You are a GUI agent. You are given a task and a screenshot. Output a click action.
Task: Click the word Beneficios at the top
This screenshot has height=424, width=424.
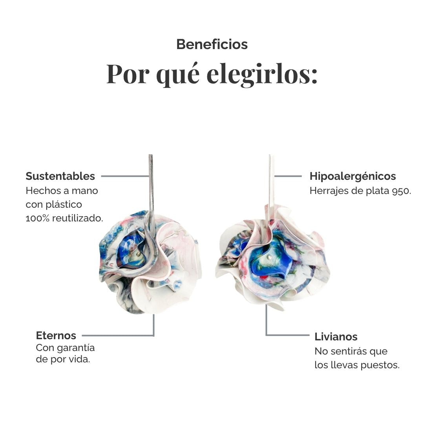(x=212, y=44)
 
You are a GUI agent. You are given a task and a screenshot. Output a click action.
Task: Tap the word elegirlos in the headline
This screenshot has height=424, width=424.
(x=262, y=73)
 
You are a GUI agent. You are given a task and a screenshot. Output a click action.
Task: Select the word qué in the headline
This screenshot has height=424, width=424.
(x=178, y=75)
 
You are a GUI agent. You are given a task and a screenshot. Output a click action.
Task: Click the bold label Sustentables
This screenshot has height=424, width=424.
(x=60, y=176)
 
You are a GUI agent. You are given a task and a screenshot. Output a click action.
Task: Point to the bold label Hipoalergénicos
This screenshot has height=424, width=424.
(x=353, y=176)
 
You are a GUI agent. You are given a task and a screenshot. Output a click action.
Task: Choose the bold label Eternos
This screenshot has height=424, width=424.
(x=56, y=335)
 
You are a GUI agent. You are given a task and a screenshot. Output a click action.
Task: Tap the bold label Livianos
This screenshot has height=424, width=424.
(x=336, y=337)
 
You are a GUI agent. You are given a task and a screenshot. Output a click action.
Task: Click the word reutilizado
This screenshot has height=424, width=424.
(x=77, y=218)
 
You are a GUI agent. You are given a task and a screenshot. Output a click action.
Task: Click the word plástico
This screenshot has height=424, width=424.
(x=64, y=205)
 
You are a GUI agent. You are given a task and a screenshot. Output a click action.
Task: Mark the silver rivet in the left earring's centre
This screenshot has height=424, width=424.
(x=139, y=254)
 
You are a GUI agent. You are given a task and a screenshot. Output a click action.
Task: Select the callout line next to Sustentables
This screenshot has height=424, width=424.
(x=125, y=176)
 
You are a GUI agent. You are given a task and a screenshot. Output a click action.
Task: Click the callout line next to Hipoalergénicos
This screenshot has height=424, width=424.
(x=288, y=176)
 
